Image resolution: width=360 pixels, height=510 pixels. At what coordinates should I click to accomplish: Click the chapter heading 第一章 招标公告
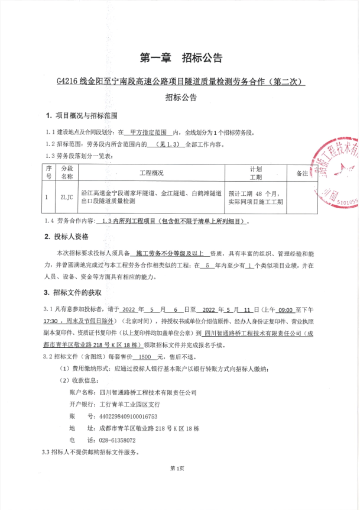(x=180, y=58)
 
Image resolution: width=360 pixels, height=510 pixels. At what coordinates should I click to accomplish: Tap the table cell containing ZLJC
(x=66, y=198)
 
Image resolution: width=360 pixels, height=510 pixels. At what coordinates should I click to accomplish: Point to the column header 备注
(x=301, y=173)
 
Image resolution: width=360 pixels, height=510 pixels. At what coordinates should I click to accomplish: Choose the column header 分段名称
(x=66, y=172)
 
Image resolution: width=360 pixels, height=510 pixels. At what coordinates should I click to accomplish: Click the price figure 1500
(x=143, y=357)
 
